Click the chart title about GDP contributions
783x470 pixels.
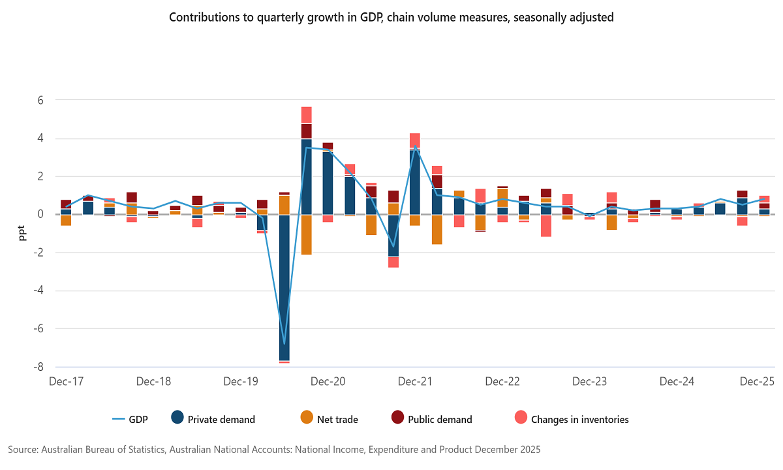click(391, 18)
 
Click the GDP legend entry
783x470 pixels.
click(130, 419)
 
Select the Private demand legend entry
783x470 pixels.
click(213, 419)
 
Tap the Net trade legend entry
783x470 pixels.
click(329, 419)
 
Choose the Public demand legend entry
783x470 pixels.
click(431, 419)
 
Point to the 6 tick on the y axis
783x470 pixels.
click(40, 101)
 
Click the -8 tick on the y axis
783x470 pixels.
click(38, 367)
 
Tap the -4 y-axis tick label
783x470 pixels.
click(38, 290)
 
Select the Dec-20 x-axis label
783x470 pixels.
click(328, 381)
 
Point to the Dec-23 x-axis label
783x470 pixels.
click(590, 381)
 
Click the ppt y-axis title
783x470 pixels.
click(22, 233)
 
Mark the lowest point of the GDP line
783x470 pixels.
click(284, 343)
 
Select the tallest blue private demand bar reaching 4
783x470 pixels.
click(306, 176)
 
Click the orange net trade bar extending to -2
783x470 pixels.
click(306, 234)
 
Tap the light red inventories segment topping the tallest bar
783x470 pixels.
click(306, 115)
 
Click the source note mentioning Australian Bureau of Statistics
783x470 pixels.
click(274, 450)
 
